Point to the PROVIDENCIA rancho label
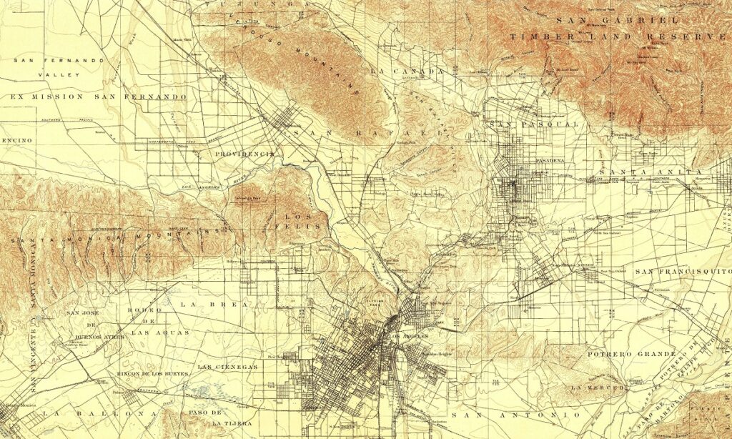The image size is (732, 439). point(245,154)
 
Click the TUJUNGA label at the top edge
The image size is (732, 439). point(258,4)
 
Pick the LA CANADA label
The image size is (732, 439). point(407,71)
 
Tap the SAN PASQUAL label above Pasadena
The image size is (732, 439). point(533,124)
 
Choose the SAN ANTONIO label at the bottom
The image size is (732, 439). point(515,415)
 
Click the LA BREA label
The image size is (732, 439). point(213,304)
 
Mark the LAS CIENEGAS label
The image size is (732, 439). point(227,367)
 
